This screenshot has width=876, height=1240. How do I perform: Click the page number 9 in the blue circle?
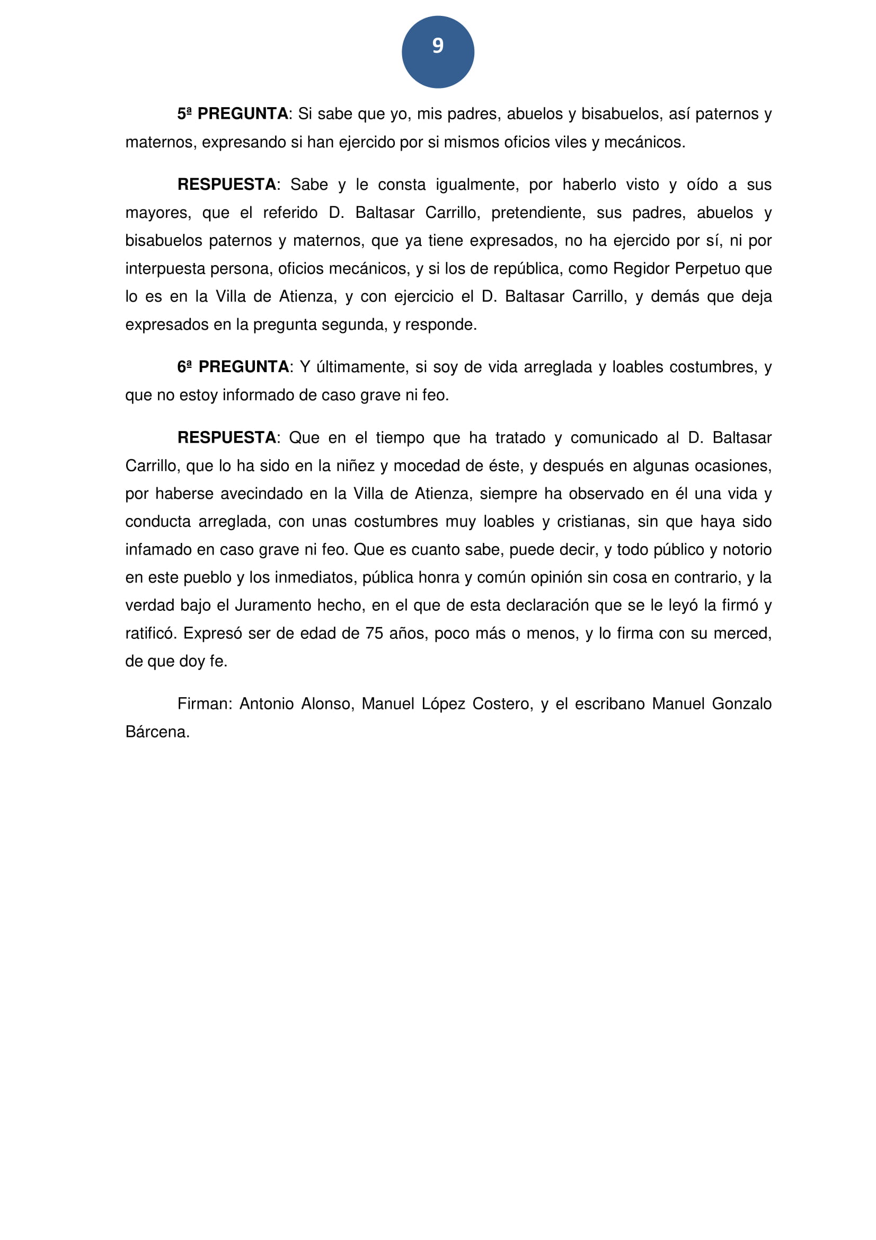click(x=438, y=46)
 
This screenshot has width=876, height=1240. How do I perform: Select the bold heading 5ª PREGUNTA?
click(x=233, y=114)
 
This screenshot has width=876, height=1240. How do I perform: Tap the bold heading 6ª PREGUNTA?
click(x=233, y=367)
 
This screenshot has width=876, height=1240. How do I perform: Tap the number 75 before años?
click(x=374, y=634)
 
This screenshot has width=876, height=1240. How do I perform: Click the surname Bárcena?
click(x=157, y=732)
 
